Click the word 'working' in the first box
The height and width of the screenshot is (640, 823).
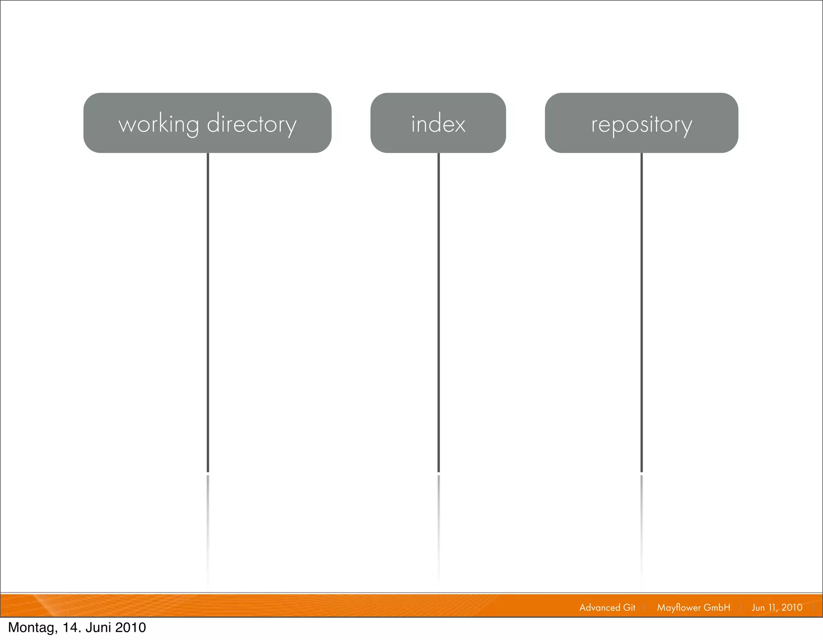click(x=159, y=124)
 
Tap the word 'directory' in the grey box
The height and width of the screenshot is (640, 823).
click(x=252, y=124)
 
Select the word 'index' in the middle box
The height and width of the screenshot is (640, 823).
click(x=438, y=124)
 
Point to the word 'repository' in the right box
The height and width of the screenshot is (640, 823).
click(x=641, y=125)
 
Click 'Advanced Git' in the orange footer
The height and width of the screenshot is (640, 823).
click(x=607, y=607)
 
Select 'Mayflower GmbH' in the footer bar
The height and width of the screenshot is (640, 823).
click(x=693, y=607)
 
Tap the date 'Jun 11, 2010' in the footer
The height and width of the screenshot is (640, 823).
click(x=777, y=607)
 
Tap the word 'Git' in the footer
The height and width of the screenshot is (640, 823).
click(x=629, y=607)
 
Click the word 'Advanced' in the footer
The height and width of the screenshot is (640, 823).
click(x=599, y=607)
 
